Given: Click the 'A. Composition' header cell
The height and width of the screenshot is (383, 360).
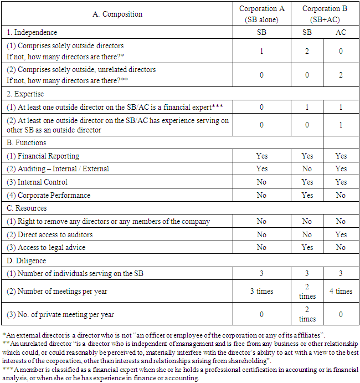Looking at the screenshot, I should click(x=117, y=14).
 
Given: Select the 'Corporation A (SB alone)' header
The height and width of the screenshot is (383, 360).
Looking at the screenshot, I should click(x=261, y=14).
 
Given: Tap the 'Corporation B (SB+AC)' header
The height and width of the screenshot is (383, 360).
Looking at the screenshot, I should click(x=324, y=14).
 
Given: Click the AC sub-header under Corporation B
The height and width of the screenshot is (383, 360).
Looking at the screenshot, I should click(x=341, y=33).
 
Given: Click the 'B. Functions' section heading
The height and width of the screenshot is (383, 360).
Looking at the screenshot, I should click(x=26, y=142).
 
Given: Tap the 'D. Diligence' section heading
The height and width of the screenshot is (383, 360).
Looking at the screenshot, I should click(x=27, y=261).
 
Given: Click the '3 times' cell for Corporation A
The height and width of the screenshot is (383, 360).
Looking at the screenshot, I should click(x=261, y=291).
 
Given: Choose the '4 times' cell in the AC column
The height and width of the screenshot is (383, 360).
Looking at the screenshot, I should click(x=341, y=291).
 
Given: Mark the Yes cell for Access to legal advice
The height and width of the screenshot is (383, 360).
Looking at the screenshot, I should click(x=307, y=248).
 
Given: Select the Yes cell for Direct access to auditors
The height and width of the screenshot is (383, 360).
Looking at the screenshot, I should click(x=341, y=234).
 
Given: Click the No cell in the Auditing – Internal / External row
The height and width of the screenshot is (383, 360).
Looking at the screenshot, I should click(x=307, y=168).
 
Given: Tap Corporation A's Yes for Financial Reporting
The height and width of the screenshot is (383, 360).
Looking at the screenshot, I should click(x=261, y=156).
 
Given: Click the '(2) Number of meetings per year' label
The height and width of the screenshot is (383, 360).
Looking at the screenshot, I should click(x=55, y=291).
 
